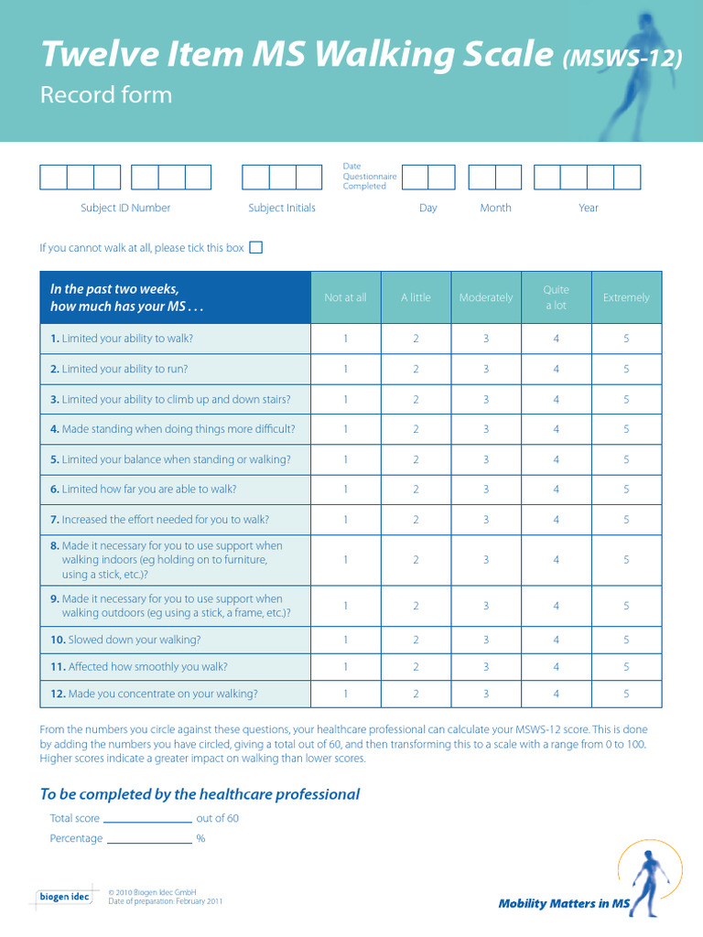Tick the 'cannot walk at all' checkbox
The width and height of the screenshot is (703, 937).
pos(256,247)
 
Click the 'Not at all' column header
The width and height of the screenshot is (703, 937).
pos(345,297)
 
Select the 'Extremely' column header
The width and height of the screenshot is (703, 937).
pos(626,297)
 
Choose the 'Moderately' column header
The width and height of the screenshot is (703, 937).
pos(486,297)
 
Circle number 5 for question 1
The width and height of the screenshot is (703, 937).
pos(626,339)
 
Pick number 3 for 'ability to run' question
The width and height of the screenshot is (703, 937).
pos(486,369)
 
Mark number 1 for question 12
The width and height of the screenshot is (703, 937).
pos(345,694)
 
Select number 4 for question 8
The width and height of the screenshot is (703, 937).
pos(556,560)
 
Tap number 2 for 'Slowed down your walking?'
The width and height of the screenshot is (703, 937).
pos(416,640)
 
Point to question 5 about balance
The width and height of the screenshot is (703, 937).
pos(170,459)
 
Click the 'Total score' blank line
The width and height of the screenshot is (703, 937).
pos(147,820)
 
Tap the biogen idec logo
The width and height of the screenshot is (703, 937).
pos(64,897)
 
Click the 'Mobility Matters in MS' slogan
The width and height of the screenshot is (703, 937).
pos(564,904)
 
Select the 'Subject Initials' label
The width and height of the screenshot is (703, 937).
pos(282,208)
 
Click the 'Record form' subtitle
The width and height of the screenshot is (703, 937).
pos(106,95)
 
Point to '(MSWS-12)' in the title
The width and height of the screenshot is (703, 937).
pos(622,59)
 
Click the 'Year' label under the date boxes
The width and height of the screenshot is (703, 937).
pos(588,208)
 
